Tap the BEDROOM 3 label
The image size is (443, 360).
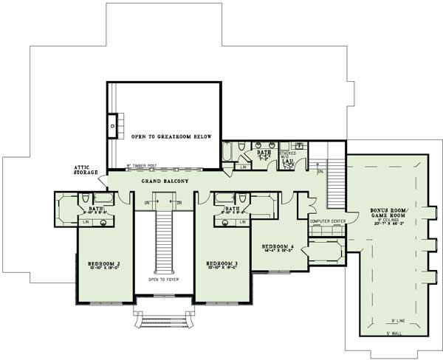[x=222, y=263]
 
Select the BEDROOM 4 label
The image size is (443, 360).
[x=279, y=246]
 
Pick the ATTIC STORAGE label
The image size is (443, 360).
[x=86, y=171]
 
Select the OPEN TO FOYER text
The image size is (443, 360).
[x=164, y=280]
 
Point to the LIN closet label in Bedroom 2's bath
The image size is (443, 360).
[x=86, y=221]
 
